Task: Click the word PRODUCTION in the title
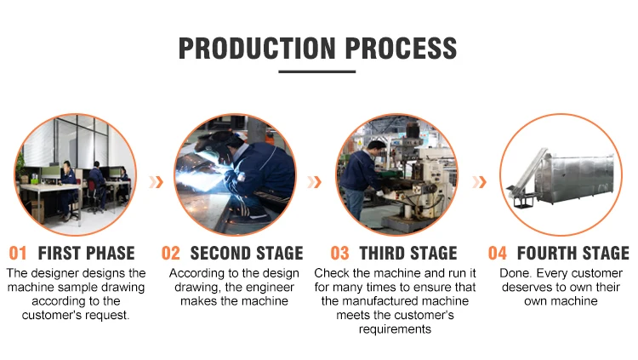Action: [x=257, y=48]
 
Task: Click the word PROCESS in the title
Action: [x=402, y=48]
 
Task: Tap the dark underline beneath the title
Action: [x=317, y=71]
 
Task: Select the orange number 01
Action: [x=18, y=253]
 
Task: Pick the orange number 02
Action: [x=170, y=253]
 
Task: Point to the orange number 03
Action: [x=339, y=253]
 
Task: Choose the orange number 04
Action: [x=498, y=253]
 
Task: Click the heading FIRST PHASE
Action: [x=86, y=253]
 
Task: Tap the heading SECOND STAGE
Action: [x=247, y=253]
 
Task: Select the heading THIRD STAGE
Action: [x=408, y=253]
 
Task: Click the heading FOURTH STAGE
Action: [x=572, y=253]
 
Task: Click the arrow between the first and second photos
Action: [x=156, y=182]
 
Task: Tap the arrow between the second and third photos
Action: [x=314, y=182]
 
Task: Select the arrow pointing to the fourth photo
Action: [x=479, y=182]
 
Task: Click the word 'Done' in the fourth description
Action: [x=515, y=273]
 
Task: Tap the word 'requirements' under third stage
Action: [x=395, y=329]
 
